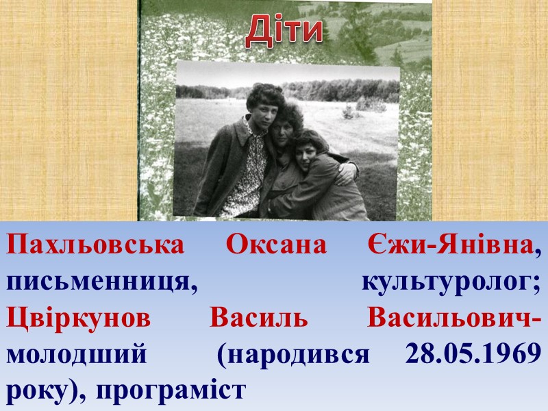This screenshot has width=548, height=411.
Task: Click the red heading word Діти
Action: tap(284, 31)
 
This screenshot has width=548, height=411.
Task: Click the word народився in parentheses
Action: tap(295, 356)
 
